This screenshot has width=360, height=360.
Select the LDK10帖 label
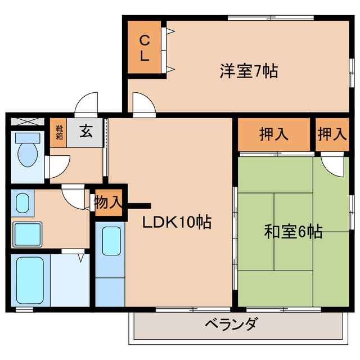click(x=176, y=222)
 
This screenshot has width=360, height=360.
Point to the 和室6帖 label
click(x=293, y=231)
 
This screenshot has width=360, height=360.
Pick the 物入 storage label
click(x=107, y=202)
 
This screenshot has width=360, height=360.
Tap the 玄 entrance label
click(x=85, y=133)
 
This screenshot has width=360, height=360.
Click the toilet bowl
click(x=26, y=152)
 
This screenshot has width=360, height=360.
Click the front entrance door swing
click(x=88, y=105)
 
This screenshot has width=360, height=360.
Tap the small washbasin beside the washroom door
click(x=22, y=203)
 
